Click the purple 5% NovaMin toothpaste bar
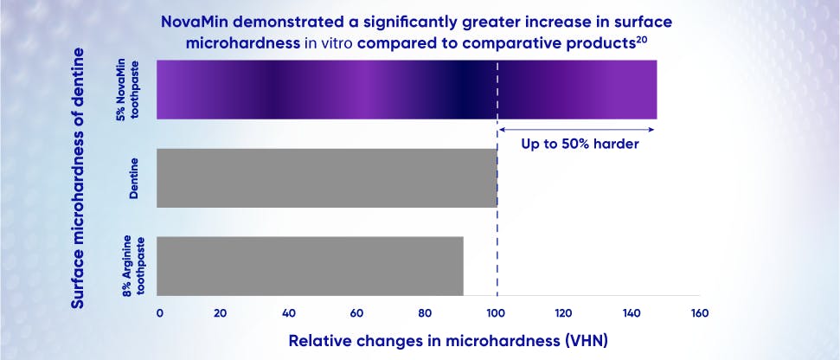(x=407, y=90)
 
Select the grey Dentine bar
(x=327, y=177)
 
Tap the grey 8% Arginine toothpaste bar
(x=310, y=266)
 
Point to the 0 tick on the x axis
(x=160, y=313)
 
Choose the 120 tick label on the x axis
(x=563, y=313)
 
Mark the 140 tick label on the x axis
(x=631, y=313)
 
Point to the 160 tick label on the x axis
(x=698, y=313)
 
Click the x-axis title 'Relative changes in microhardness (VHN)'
(x=448, y=340)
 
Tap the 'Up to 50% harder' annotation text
(x=580, y=145)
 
